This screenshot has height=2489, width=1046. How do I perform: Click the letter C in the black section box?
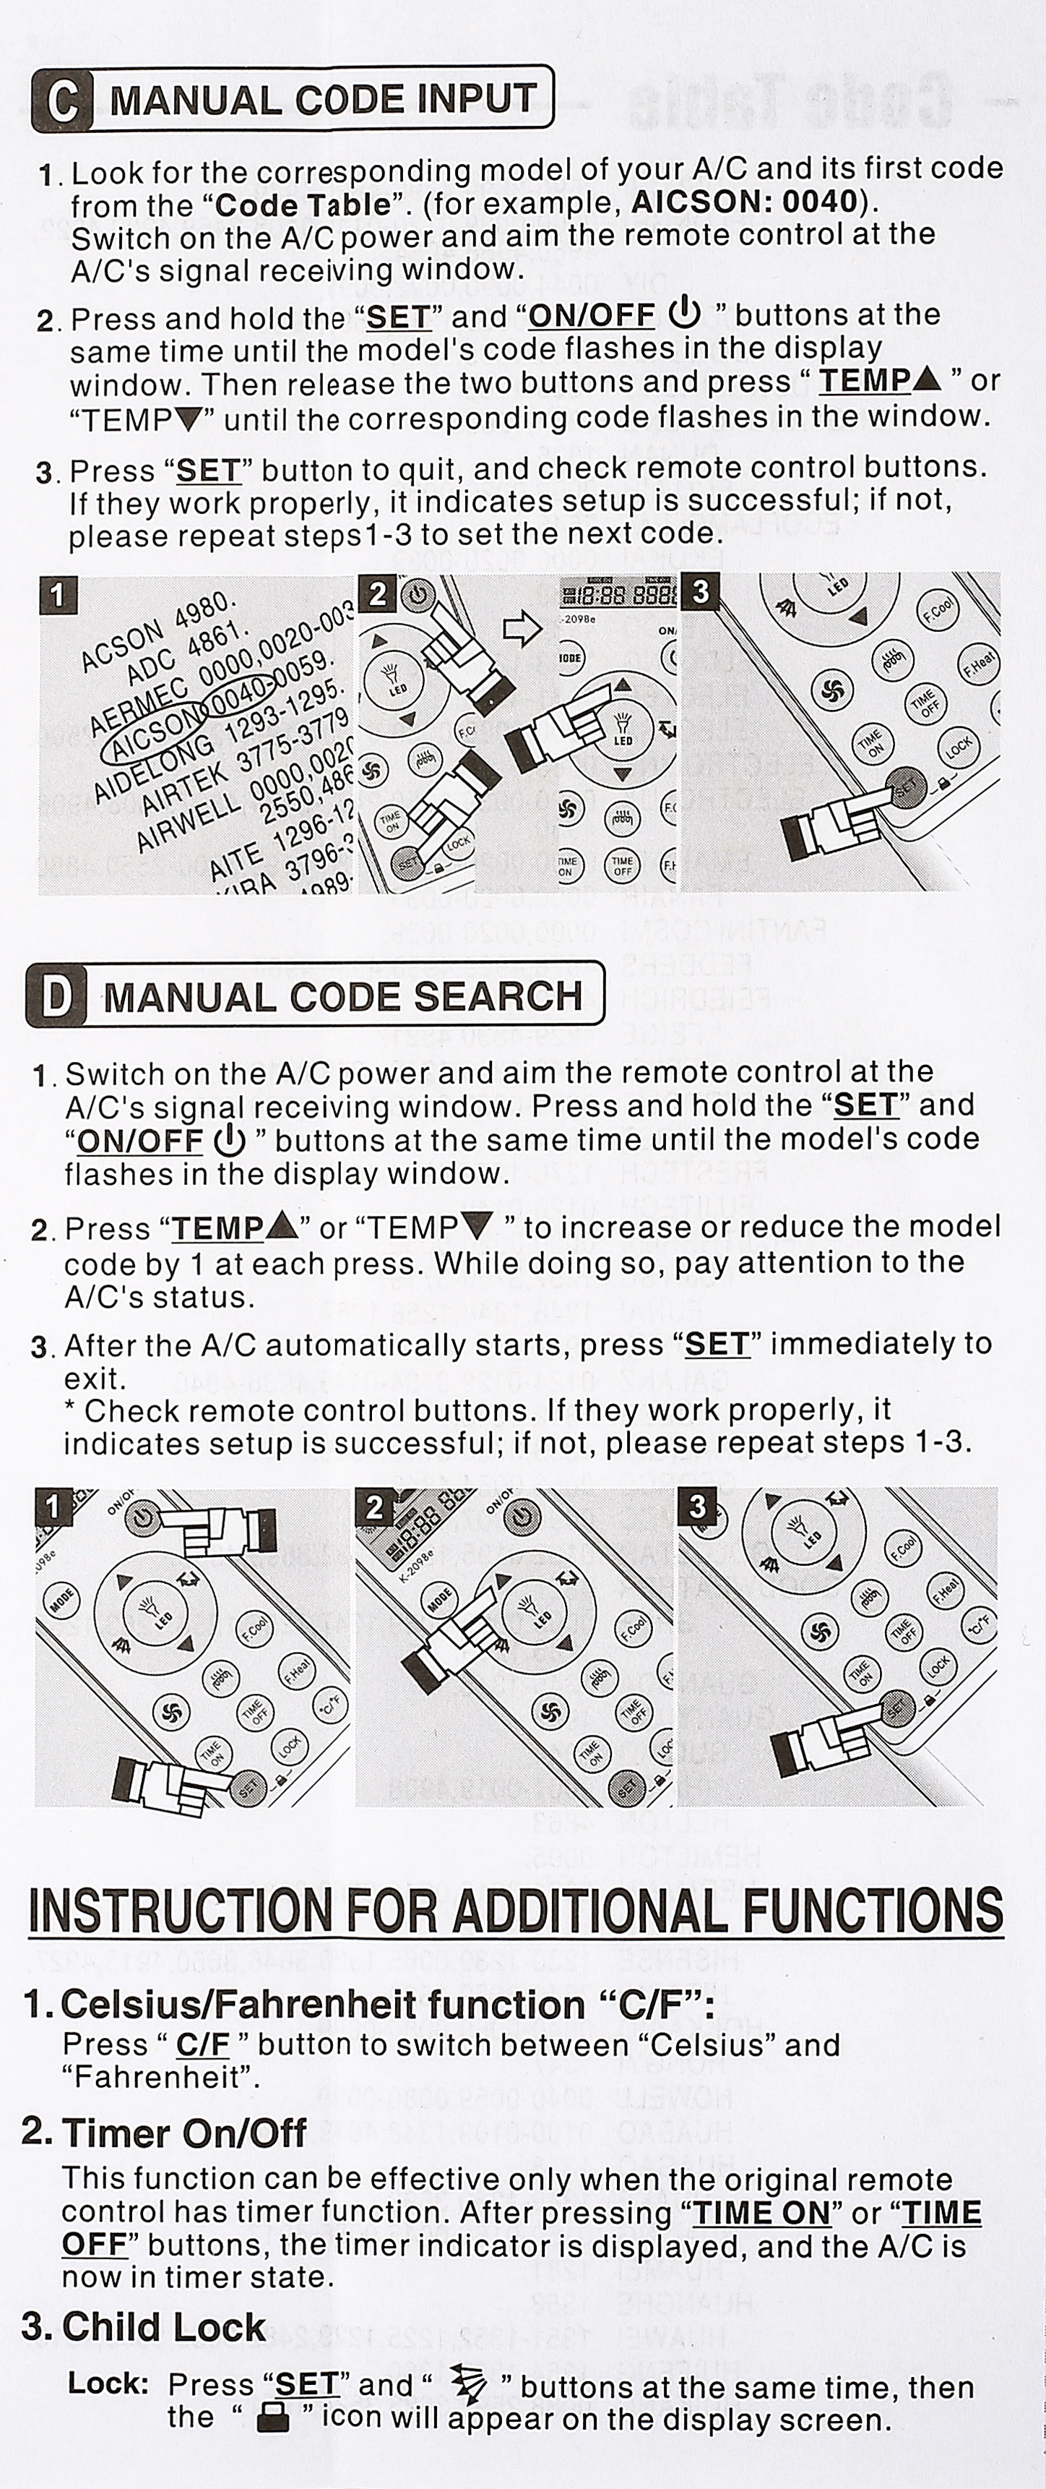click(63, 100)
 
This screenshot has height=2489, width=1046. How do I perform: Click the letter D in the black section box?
click(57, 996)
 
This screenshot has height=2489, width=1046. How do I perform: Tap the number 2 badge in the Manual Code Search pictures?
click(376, 1508)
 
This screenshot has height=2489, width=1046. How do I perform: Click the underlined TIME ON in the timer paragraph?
click(762, 2213)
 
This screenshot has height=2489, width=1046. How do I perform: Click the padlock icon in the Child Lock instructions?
click(272, 2418)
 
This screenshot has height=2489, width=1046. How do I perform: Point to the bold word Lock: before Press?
click(108, 2383)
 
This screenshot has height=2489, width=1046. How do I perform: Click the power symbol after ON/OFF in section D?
click(229, 1141)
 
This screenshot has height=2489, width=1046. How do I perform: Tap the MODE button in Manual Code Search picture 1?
click(63, 1602)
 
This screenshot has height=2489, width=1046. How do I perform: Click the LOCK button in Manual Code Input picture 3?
click(957, 747)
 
